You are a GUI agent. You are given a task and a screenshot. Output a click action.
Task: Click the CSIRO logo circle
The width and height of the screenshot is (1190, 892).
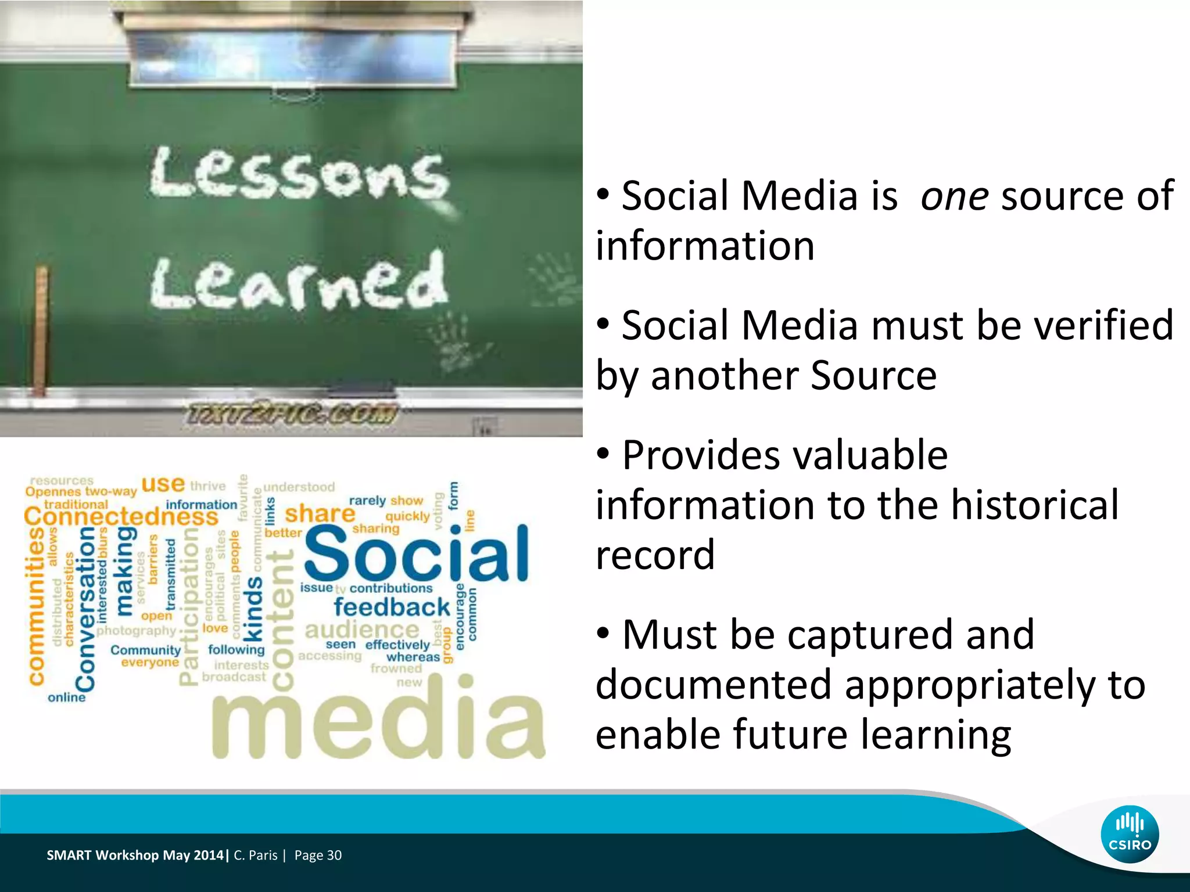tap(1130, 835)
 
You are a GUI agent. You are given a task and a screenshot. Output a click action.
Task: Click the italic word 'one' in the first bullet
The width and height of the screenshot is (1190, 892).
tap(954, 196)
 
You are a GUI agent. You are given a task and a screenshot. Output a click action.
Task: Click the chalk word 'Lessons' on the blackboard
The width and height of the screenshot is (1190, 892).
tap(299, 173)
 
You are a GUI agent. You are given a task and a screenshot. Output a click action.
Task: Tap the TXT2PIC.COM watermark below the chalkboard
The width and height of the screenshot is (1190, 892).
tap(291, 415)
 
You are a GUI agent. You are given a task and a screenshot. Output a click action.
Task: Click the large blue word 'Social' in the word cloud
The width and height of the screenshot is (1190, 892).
tap(416, 553)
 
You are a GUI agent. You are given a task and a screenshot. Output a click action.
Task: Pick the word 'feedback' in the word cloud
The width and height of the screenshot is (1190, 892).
tap(392, 607)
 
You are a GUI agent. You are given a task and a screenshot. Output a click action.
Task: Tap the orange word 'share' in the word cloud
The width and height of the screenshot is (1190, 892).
tap(320, 514)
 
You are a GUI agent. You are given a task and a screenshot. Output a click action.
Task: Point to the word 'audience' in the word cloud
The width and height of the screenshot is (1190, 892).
tap(361, 630)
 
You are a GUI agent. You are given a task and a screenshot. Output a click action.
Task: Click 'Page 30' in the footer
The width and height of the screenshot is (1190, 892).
tap(318, 855)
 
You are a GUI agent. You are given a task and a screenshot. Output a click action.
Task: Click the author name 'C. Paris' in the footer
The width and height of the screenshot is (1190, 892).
tap(256, 855)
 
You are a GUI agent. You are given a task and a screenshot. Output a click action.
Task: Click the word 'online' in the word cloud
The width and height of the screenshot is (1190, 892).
tap(66, 697)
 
